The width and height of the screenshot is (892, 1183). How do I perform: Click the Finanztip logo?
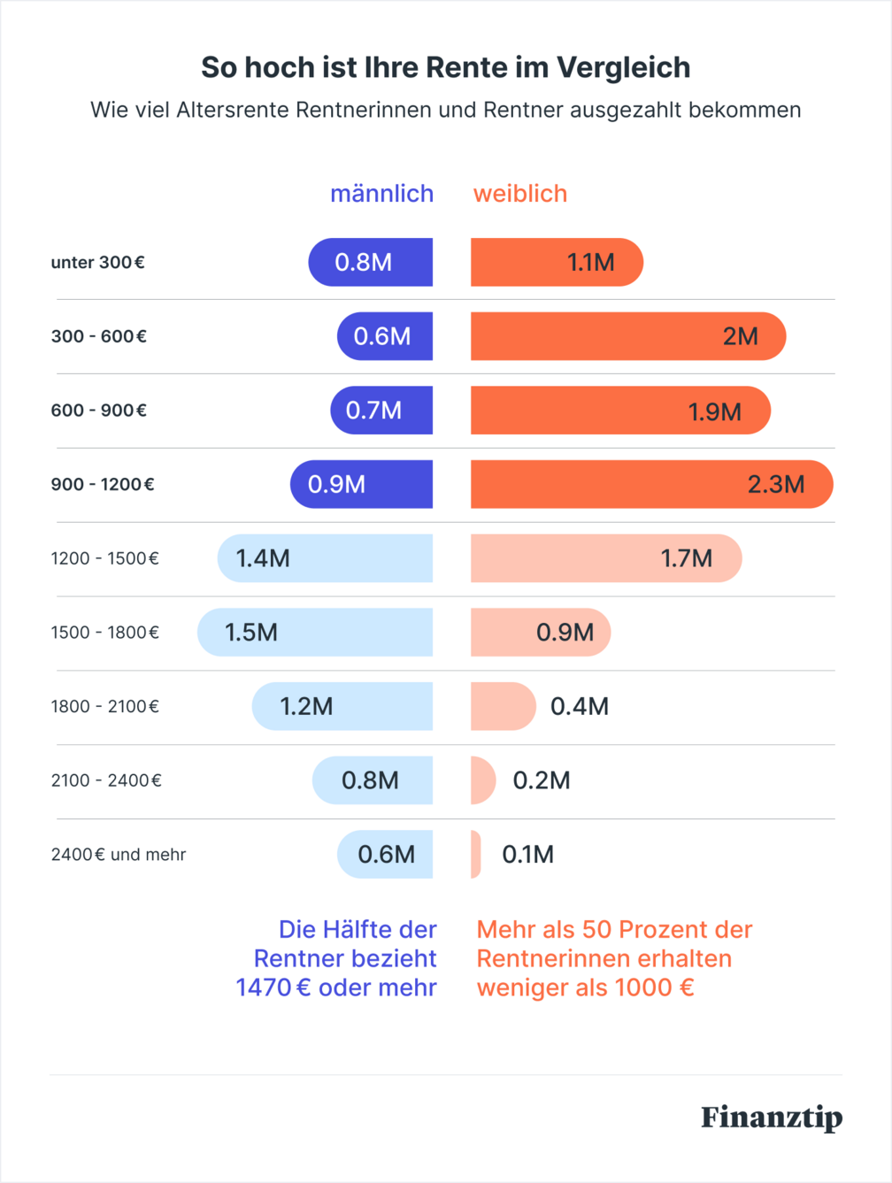[771, 1118]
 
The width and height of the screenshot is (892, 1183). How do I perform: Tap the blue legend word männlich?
[381, 194]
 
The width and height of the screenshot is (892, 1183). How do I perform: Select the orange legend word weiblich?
[520, 194]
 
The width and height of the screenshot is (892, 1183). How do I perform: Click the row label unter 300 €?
[97, 263]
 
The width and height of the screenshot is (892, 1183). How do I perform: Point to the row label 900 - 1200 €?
[103, 485]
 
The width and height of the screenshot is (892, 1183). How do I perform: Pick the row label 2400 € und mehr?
[119, 855]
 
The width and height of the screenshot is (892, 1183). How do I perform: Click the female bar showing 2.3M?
[651, 485]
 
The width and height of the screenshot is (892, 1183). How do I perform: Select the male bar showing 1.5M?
[315, 633]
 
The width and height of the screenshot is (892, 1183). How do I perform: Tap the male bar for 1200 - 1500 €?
[325, 558]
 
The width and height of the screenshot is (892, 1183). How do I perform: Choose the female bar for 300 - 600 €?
[627, 336]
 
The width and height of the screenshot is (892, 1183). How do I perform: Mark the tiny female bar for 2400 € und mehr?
[476, 855]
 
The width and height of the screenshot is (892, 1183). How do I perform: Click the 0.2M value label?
[542, 780]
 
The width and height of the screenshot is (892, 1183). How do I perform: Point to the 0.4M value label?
[580, 706]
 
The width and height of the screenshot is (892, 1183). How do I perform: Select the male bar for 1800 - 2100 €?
[342, 706]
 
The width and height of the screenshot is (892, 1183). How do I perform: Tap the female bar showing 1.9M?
[619, 411]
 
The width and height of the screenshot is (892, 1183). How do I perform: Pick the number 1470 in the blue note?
[264, 987]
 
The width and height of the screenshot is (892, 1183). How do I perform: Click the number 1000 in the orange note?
[643, 987]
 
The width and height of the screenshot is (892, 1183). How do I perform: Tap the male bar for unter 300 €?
[371, 263]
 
